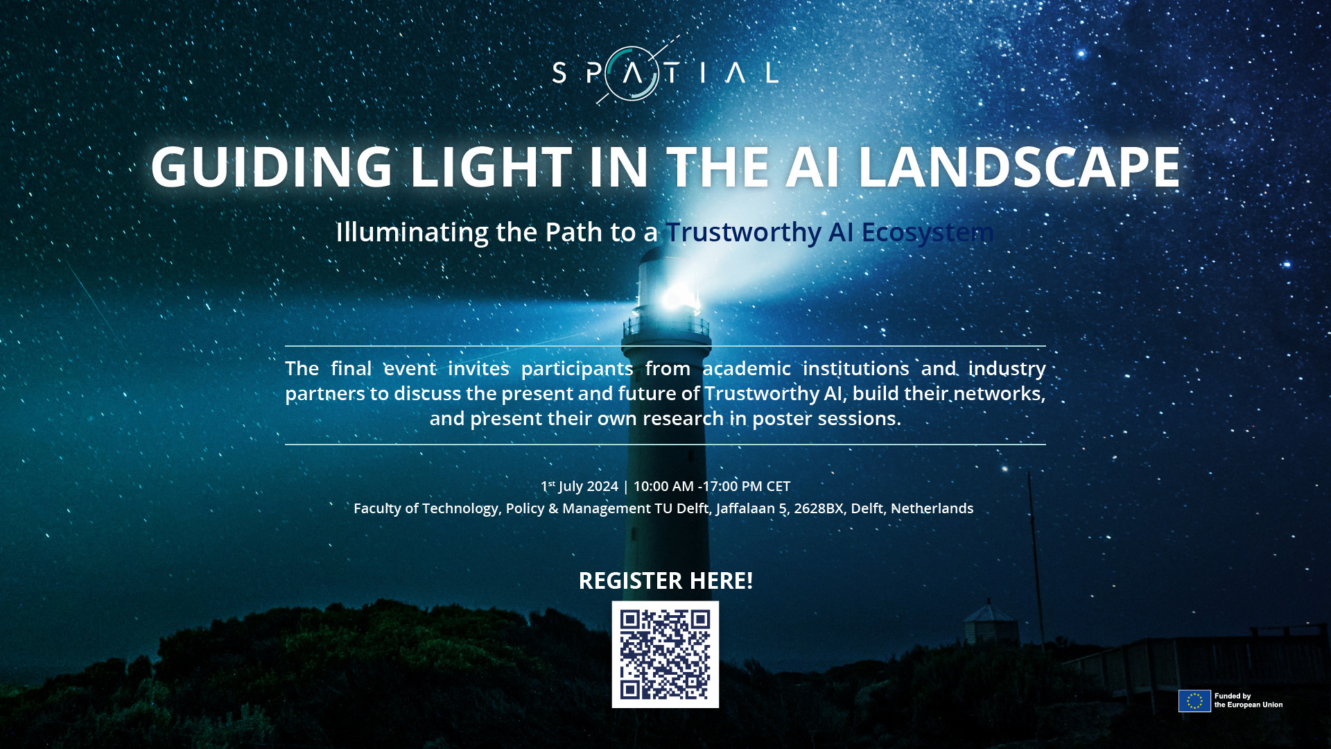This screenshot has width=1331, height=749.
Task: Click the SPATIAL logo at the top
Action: [x=665, y=72]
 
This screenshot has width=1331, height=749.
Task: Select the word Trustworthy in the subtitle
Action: [x=744, y=232]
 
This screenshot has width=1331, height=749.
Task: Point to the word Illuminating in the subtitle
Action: [x=412, y=232]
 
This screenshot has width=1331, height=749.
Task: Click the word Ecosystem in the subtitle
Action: [x=928, y=232]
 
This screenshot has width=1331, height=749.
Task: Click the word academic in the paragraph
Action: [x=747, y=368]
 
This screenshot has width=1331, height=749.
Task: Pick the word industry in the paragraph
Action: [x=1007, y=369]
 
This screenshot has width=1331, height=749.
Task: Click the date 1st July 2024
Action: [x=580, y=486]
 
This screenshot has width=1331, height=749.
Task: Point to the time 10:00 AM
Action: [x=663, y=486]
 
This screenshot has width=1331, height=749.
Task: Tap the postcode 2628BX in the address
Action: [x=819, y=508]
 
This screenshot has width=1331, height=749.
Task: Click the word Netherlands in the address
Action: [x=932, y=508]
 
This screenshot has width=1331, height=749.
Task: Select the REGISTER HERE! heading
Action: [x=665, y=580]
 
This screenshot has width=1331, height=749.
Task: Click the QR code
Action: [x=665, y=655]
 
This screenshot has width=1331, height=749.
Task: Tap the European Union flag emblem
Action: [x=1194, y=701]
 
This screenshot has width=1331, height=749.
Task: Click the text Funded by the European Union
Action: [x=1249, y=700]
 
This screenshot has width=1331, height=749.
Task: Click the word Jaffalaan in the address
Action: [x=746, y=509]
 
